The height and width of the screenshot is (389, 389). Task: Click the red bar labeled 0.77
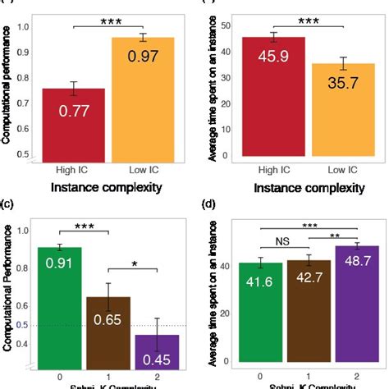point(74,123)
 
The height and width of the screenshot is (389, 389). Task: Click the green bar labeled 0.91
point(59,304)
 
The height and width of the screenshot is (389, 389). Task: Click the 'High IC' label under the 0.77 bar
point(74,170)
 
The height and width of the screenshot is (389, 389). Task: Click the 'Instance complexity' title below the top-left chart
point(101,188)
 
